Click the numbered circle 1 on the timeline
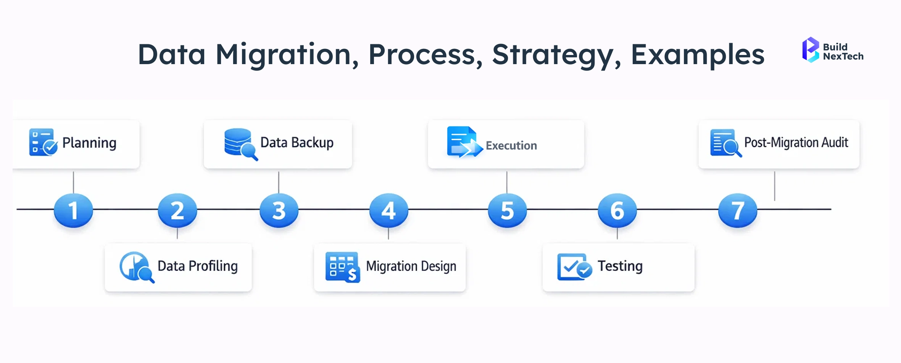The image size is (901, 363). pos(73,210)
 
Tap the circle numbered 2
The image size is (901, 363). pos(177,210)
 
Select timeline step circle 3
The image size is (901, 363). pos(279,210)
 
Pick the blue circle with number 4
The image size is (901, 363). pos(388,210)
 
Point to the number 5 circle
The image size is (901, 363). pos(507,210)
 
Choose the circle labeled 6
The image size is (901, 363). pos(617,210)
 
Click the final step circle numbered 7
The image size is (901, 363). pos(738,210)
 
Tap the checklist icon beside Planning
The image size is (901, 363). pos(43,142)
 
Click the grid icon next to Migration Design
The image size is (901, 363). pos(342,267)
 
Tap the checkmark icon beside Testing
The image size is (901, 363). pos(574,267)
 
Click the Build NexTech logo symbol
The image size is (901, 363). pos(810,50)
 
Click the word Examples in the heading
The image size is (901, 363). pos(698,55)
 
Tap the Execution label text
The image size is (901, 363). pos(511,145)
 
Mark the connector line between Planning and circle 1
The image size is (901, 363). pos(73,182)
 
